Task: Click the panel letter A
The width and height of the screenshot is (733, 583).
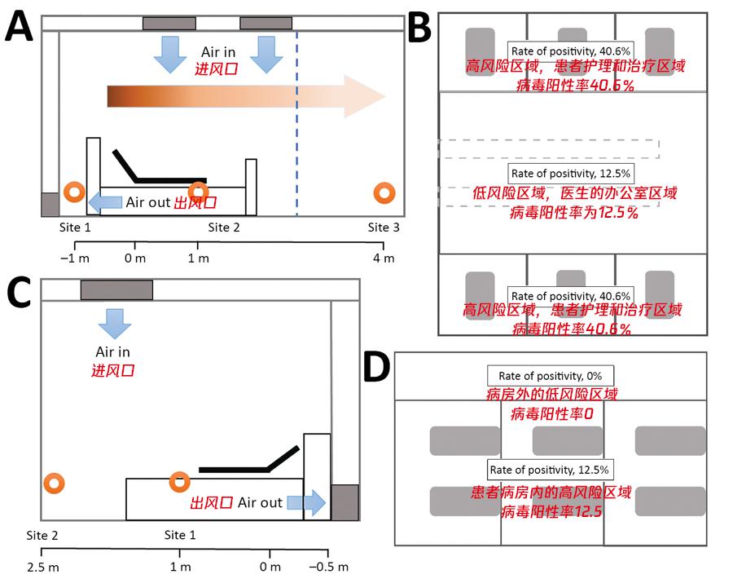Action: [x=20, y=28]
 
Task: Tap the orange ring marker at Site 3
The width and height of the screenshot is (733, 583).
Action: [x=384, y=193]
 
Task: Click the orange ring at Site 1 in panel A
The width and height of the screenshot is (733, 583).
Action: [x=74, y=193]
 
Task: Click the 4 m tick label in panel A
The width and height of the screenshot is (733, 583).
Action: [x=384, y=258]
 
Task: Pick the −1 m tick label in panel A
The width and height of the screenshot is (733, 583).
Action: [x=75, y=258]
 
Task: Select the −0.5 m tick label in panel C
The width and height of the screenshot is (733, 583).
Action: [x=331, y=566]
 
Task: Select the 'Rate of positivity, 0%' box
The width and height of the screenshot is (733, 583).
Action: [x=551, y=376]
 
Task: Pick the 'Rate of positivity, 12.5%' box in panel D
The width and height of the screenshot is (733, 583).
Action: [x=548, y=469]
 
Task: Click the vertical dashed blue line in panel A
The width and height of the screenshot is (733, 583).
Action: [x=296, y=122]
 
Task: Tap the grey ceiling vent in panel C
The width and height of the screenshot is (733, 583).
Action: [x=116, y=289]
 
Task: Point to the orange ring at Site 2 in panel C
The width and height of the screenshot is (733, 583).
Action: [x=55, y=484]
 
